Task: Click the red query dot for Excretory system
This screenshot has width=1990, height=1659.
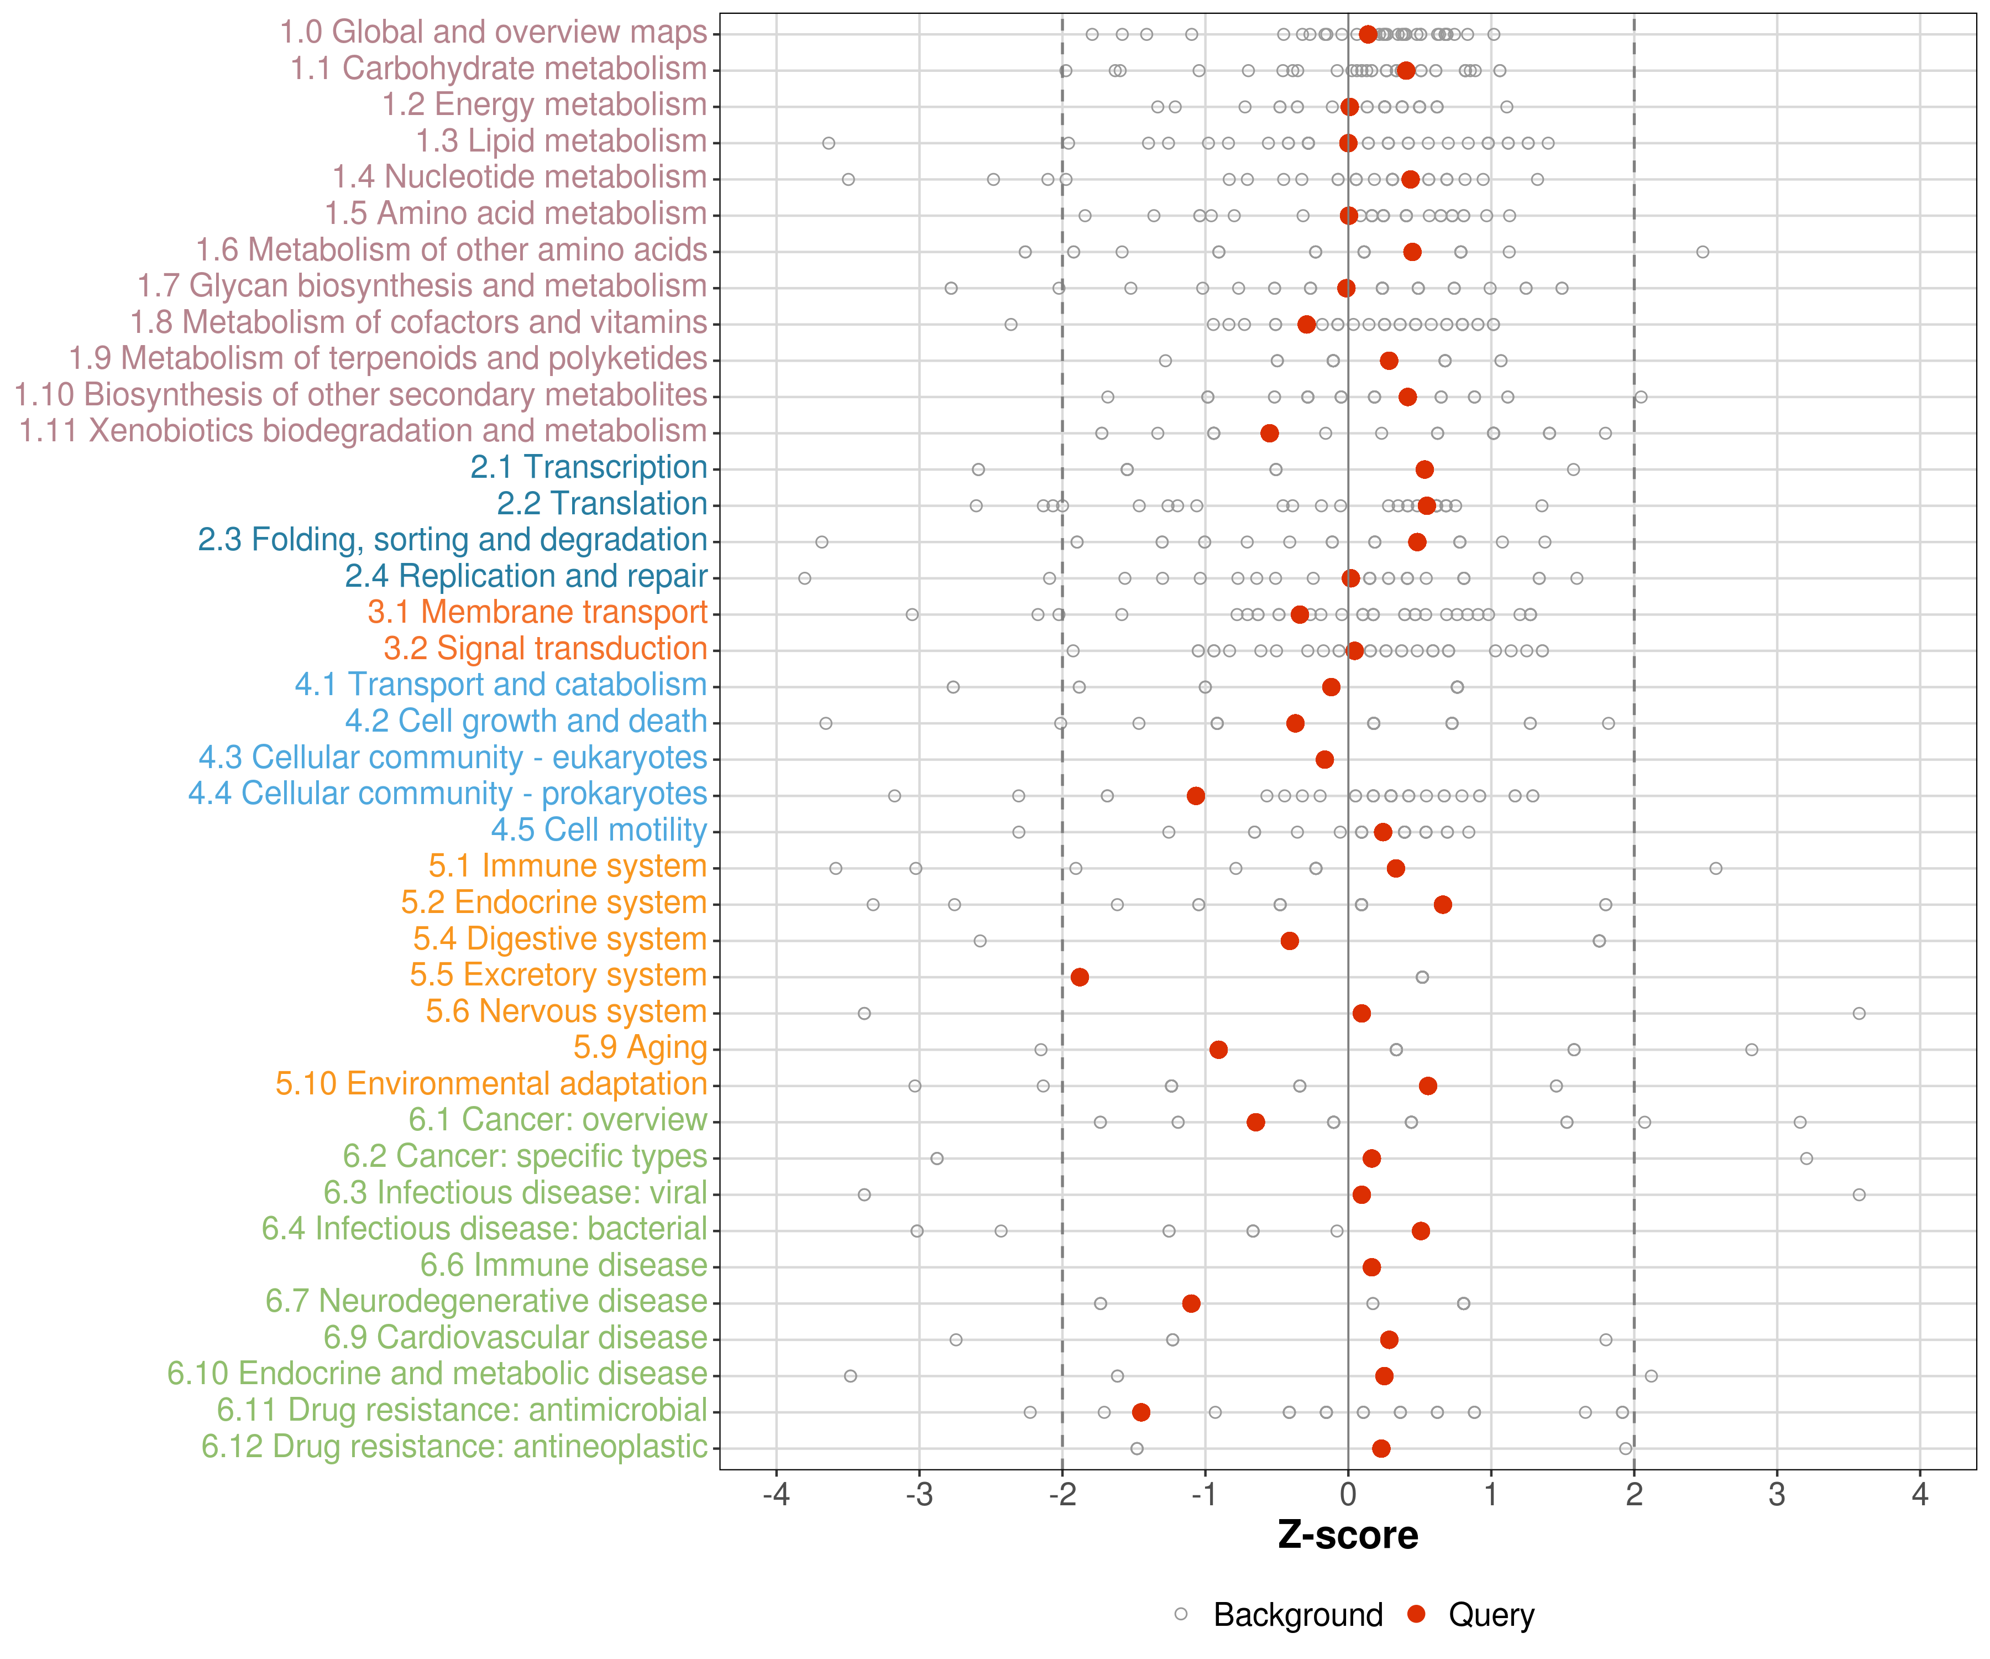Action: click(x=1080, y=977)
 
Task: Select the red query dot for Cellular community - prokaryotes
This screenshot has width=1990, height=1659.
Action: click(x=1196, y=795)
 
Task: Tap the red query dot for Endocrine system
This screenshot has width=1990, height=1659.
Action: click(x=1442, y=904)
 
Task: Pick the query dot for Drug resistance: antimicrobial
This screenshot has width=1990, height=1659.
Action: click(x=1141, y=1412)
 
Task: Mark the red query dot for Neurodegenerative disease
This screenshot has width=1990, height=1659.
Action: click(x=1191, y=1303)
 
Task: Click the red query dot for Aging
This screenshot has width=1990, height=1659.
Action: click(x=1219, y=1050)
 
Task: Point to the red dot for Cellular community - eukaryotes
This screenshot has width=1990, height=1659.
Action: click(x=1325, y=759)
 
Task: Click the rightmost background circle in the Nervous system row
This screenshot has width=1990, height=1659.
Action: click(x=1858, y=1014)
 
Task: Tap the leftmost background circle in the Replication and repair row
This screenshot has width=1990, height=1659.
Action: click(x=804, y=578)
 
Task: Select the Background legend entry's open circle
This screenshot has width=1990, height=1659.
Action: click(x=1181, y=1614)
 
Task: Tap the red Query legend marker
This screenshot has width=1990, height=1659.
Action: click(x=1417, y=1614)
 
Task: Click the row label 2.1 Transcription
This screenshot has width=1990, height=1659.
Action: click(x=589, y=467)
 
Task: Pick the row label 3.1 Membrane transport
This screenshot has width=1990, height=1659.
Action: click(x=537, y=612)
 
